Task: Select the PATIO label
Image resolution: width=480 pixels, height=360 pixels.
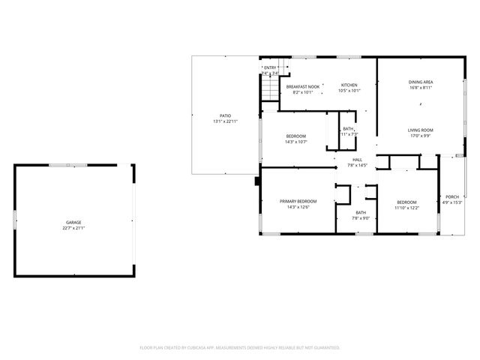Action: pyautogui.click(x=225, y=115)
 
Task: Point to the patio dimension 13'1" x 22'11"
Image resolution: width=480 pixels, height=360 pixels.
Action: pyautogui.click(x=225, y=121)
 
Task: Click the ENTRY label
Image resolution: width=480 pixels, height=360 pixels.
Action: pyautogui.click(x=270, y=68)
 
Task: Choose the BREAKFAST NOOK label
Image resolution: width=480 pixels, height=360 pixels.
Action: pyautogui.click(x=304, y=85)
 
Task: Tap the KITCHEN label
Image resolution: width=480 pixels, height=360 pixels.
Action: pyautogui.click(x=349, y=85)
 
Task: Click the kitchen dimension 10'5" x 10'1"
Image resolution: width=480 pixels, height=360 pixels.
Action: pyautogui.click(x=349, y=91)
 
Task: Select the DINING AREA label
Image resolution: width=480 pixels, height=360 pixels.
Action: pyautogui.click(x=421, y=82)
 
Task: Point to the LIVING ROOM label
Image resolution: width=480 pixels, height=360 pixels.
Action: pyautogui.click(x=421, y=130)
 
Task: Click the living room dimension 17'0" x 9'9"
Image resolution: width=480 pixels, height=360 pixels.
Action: pyautogui.click(x=421, y=136)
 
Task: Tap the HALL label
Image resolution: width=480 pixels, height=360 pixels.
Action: pyautogui.click(x=358, y=159)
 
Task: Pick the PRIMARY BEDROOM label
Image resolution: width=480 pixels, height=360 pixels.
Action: pyautogui.click(x=298, y=201)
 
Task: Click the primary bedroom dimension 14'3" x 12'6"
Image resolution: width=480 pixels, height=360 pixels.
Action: pyautogui.click(x=298, y=207)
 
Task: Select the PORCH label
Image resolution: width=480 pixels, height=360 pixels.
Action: pyautogui.click(x=452, y=196)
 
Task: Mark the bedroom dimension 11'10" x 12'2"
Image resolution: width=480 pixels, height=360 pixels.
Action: pyautogui.click(x=407, y=207)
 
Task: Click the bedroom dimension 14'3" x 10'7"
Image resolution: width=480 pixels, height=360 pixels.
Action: pyautogui.click(x=296, y=142)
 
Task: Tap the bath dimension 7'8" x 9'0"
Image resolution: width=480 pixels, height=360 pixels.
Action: pyautogui.click(x=361, y=218)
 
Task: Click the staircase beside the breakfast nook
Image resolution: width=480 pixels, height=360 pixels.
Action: pyautogui.click(x=270, y=90)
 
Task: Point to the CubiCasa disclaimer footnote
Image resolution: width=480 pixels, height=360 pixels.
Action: pyautogui.click(x=240, y=347)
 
